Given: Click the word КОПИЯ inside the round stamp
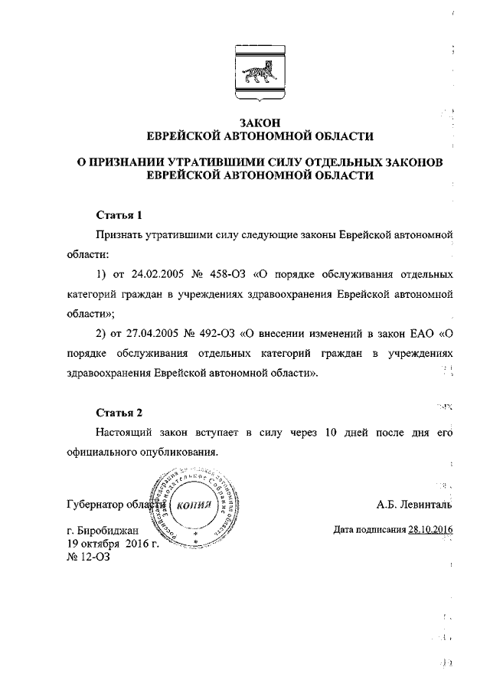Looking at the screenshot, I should pyautogui.click(x=188, y=506).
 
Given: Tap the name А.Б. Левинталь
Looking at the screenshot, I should pyautogui.click(x=413, y=505).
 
